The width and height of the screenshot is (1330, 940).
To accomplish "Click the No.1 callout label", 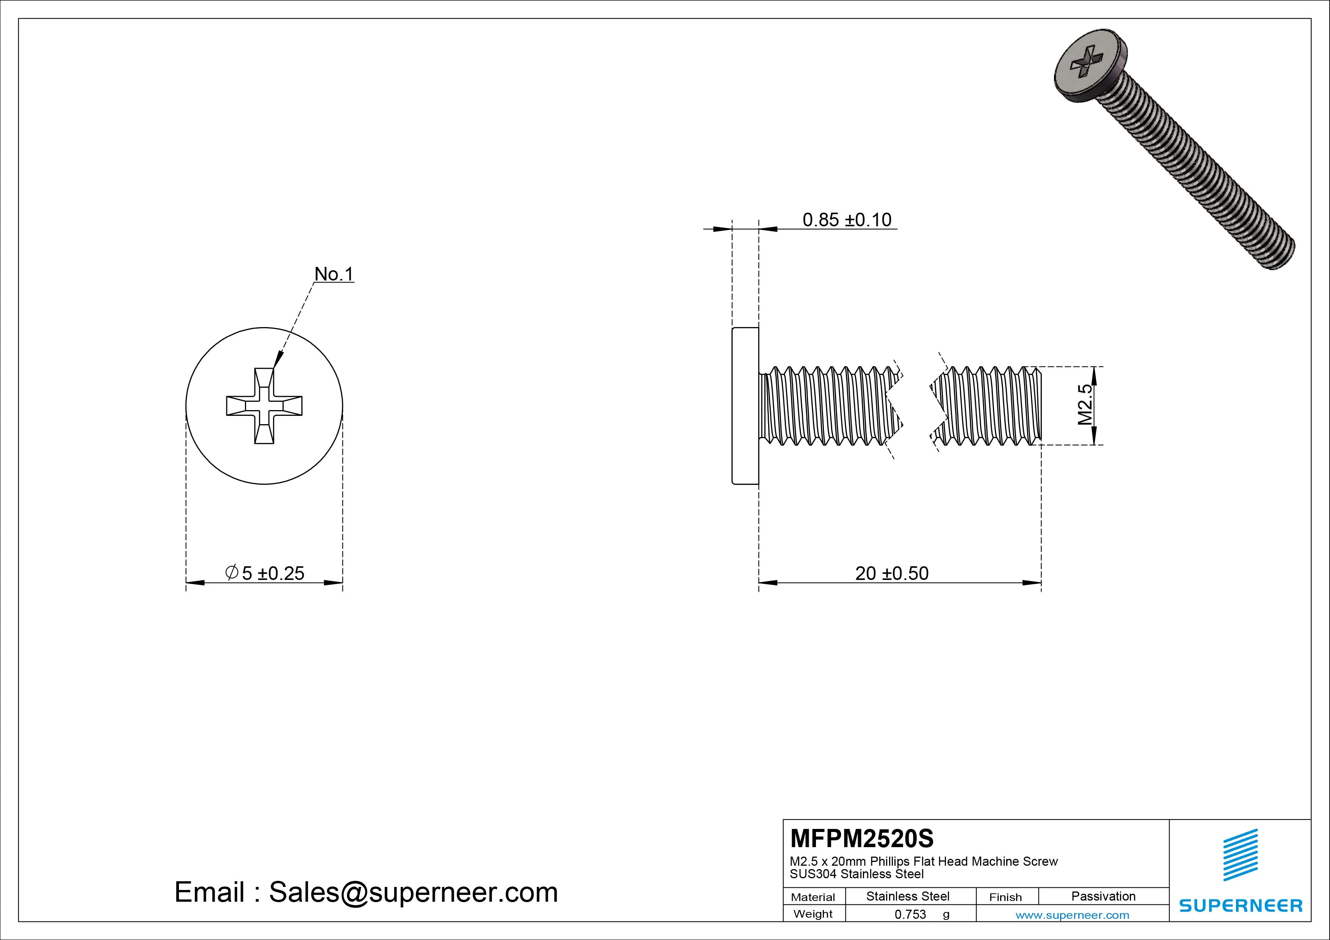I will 334,274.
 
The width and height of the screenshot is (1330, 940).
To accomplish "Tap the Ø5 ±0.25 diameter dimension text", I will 265,573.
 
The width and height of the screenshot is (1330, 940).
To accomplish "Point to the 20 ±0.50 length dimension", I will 891,573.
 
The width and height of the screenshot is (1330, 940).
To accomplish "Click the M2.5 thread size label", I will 1085,404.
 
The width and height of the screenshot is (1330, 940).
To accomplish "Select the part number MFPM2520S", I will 862,838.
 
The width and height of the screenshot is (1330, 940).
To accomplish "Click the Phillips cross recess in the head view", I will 264,406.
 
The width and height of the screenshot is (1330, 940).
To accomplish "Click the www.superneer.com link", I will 1072,915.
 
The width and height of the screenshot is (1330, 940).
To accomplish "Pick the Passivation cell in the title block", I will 1103,896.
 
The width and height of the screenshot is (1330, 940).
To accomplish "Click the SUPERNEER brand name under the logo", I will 1241,905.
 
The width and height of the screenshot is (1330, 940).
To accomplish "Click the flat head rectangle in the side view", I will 745,406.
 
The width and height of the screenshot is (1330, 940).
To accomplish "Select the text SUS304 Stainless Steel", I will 857,874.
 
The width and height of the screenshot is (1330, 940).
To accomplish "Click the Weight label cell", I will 813,914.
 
